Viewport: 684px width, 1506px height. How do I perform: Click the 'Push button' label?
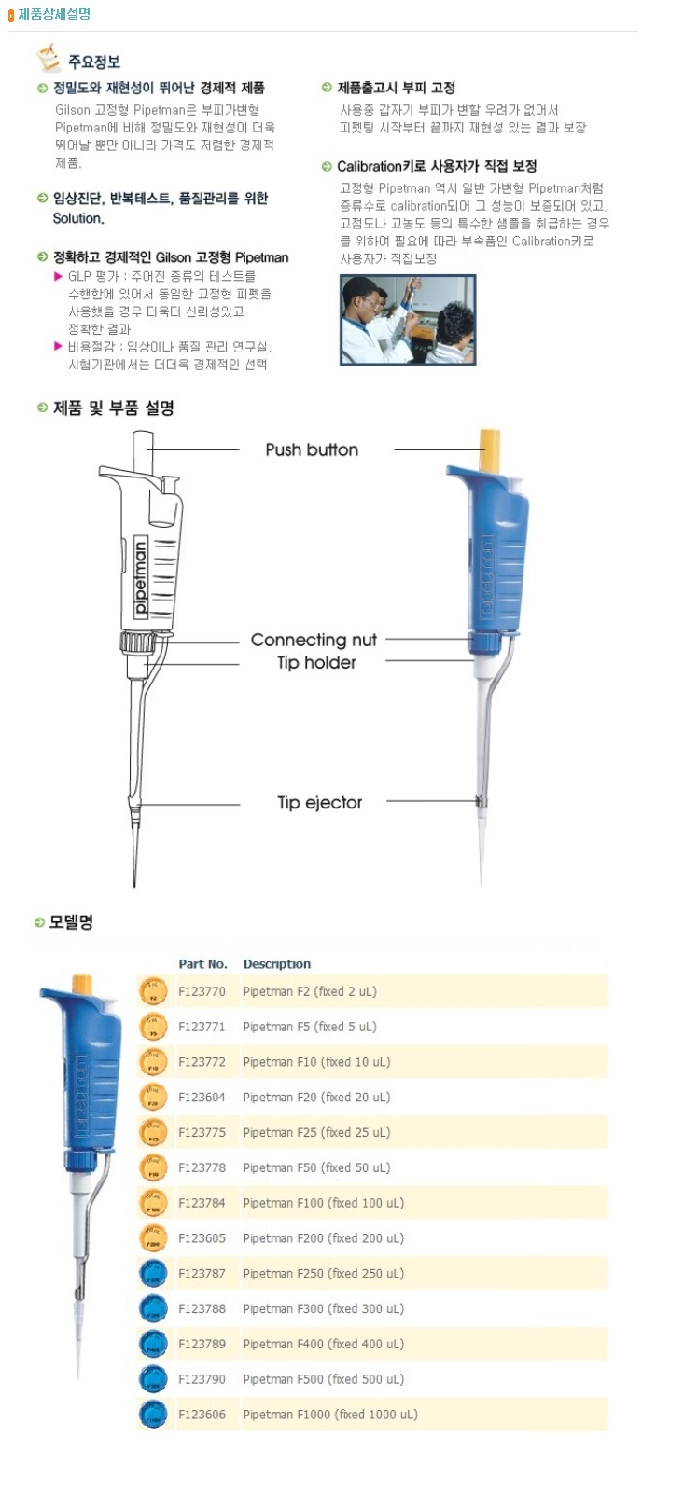point(312,449)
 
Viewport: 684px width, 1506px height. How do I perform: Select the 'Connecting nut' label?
point(314,640)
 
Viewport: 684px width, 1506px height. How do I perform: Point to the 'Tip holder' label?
point(316,662)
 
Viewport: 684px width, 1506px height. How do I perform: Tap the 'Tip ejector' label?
point(319,802)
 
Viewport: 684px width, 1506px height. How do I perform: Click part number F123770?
point(202,991)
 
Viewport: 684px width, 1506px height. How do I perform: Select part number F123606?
point(202,1415)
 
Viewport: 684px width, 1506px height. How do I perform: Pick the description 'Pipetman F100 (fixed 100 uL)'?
point(323,1203)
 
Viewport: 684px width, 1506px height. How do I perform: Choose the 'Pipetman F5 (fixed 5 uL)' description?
point(310,1027)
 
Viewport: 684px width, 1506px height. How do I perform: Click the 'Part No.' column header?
point(202,964)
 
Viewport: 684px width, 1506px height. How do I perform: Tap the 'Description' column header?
point(277,964)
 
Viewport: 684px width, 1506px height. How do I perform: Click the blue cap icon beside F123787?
point(153,1274)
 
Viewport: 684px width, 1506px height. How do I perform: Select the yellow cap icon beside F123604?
point(153,1098)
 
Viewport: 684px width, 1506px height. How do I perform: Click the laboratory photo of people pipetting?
point(408,319)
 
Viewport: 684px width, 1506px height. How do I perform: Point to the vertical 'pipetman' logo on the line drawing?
point(140,578)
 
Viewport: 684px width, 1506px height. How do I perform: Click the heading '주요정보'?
point(93,62)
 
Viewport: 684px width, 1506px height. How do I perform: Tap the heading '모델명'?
point(71,922)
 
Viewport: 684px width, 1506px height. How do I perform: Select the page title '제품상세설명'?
point(54,14)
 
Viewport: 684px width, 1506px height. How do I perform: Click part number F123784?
point(202,1203)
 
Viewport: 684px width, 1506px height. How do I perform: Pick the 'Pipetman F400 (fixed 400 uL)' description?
point(323,1344)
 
